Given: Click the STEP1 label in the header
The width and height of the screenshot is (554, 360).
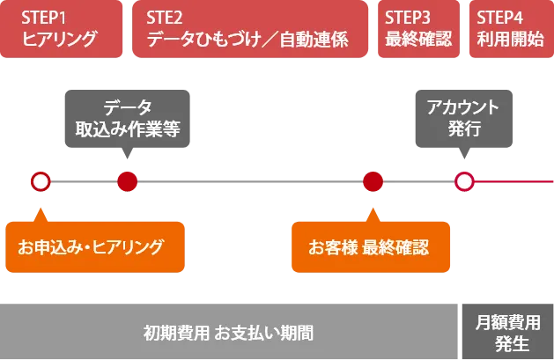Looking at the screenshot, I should click(44, 17).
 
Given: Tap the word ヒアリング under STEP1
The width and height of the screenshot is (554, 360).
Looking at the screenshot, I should click(59, 39).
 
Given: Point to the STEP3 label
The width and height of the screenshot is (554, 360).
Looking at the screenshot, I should click(408, 17).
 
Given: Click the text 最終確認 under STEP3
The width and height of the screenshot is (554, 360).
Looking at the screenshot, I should click(418, 39).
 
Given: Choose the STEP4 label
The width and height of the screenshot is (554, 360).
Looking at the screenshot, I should click(499, 17).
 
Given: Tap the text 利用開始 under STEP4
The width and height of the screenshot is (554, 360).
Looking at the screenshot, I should click(510, 39).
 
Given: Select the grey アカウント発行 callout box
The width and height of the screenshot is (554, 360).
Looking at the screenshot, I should click(462, 118).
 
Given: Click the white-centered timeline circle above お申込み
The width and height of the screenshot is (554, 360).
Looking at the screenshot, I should click(40, 182).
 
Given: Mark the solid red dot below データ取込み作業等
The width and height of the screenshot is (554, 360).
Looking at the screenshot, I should click(128, 182).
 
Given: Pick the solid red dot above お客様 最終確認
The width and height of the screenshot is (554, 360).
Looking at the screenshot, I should click(373, 182).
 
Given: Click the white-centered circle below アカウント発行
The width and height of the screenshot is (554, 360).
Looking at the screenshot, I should click(464, 182).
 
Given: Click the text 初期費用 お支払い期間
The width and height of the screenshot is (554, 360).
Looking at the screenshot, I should click(228, 333).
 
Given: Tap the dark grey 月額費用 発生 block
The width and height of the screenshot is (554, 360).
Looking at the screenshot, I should click(506, 332).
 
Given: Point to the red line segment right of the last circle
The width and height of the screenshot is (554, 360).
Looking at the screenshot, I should click(515, 182).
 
